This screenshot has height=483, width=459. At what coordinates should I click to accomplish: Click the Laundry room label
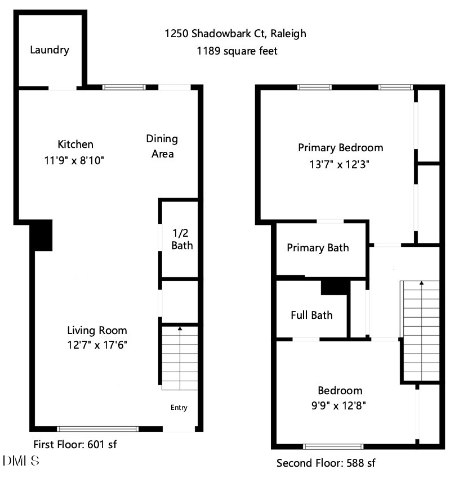pyautogui.click(x=50, y=50)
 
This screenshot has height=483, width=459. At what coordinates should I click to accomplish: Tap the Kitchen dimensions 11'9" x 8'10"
pyautogui.click(x=75, y=160)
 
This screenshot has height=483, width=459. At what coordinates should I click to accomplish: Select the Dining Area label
pyautogui.click(x=162, y=146)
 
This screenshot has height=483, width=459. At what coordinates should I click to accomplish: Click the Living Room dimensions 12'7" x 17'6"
pyautogui.click(x=97, y=345)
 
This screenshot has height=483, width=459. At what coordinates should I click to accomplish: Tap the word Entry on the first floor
pyautogui.click(x=179, y=408)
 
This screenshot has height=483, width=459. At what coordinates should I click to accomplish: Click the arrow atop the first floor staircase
pyautogui.click(x=180, y=327)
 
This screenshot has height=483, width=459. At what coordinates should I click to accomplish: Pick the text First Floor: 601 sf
pyautogui.click(x=75, y=444)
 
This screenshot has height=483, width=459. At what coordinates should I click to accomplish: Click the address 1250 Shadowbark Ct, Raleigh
pyautogui.click(x=235, y=34)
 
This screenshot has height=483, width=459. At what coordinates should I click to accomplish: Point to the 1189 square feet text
pyautogui.click(x=237, y=51)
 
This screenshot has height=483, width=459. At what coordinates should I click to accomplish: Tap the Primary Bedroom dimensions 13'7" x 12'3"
pyautogui.click(x=340, y=164)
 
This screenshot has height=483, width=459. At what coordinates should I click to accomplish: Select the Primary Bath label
pyautogui.click(x=318, y=248)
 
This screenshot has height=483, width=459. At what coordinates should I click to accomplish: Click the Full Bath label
pyautogui.click(x=311, y=315)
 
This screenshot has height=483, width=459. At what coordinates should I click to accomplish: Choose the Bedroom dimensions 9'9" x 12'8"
pyautogui.click(x=340, y=405)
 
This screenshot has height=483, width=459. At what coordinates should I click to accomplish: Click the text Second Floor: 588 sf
pyautogui.click(x=326, y=463)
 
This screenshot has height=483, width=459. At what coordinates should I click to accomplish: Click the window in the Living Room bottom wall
pyautogui.click(x=98, y=428)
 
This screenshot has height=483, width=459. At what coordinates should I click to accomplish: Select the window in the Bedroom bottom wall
pyautogui.click(x=332, y=447)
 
